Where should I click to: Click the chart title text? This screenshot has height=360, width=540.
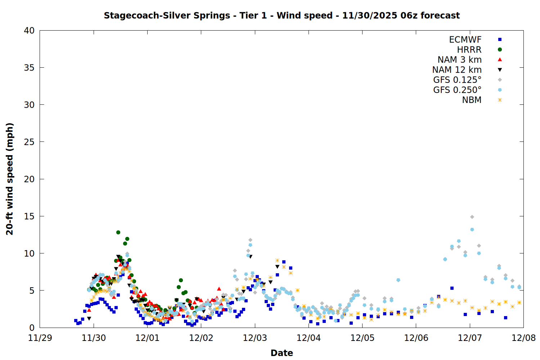tap(282, 15)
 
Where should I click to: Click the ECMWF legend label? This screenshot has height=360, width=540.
tap(465, 40)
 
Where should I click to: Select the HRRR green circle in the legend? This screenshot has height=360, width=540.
tap(500, 50)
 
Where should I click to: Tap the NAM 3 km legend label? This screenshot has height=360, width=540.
tap(459, 60)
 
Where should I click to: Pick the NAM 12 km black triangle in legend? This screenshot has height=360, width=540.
tap(500, 70)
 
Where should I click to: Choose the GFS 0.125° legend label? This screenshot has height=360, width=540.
tap(457, 80)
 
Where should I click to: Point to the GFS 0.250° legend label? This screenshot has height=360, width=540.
tap(457, 90)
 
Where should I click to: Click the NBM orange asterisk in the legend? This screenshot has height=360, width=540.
tap(500, 100)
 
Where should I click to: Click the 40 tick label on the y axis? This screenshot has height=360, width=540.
tap(29, 31)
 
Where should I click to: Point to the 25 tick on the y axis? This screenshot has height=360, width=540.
tap(29, 142)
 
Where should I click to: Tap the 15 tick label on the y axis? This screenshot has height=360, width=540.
tap(29, 216)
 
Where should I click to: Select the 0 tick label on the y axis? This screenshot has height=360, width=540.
tap(32, 328)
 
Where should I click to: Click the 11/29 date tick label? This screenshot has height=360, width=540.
tap(40, 338)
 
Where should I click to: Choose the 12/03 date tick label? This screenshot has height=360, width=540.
tap(255, 338)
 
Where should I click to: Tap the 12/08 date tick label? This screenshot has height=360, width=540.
tap(524, 338)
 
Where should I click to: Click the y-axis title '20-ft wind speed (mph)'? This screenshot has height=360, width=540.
tap(10, 179)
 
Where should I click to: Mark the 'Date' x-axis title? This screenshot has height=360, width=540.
tap(282, 353)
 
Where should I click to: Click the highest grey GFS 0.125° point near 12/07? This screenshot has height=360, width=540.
tap(472, 217)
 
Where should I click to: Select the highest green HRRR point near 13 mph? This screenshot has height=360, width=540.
tap(118, 232)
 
